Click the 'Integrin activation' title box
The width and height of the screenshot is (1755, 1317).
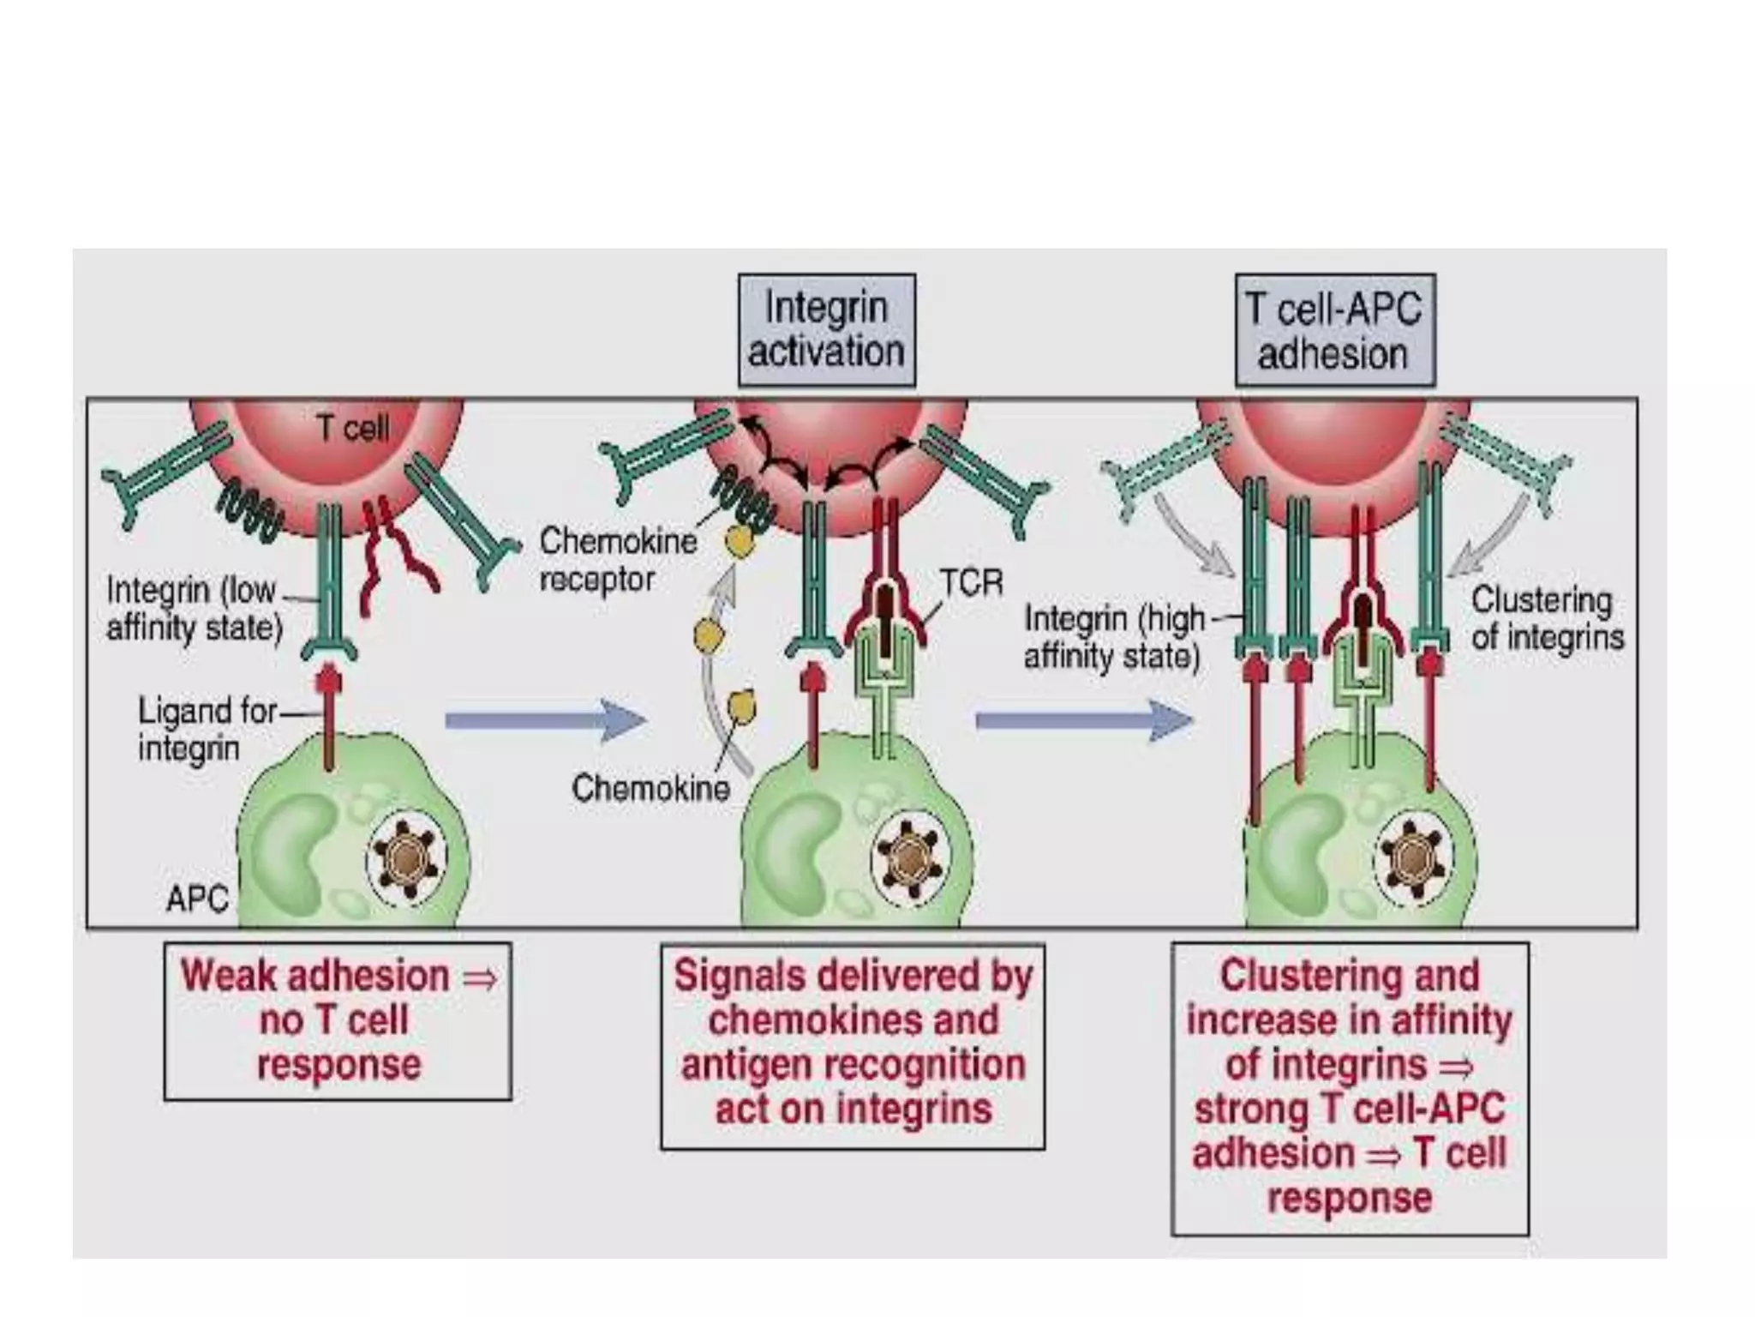coord(827,330)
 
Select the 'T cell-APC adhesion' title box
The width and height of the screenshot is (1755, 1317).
coord(1334,331)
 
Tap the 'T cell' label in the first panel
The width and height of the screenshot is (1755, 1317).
coord(352,427)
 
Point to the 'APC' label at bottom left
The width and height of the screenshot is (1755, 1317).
coord(197,899)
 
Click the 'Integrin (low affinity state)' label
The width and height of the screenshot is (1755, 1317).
coord(194,609)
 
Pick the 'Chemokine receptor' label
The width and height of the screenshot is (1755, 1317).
coord(617,560)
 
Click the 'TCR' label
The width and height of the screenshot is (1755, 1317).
coord(971,583)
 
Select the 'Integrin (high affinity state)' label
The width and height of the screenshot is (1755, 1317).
coord(1114,637)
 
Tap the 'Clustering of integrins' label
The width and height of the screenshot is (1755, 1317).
coord(1547,618)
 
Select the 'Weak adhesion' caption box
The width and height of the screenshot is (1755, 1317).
coord(338,1020)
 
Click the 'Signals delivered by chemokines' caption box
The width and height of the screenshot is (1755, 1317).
coord(853,1046)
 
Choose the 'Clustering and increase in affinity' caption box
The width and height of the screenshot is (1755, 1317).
coord(1349,1088)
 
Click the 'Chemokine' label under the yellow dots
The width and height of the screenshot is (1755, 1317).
coord(650,788)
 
